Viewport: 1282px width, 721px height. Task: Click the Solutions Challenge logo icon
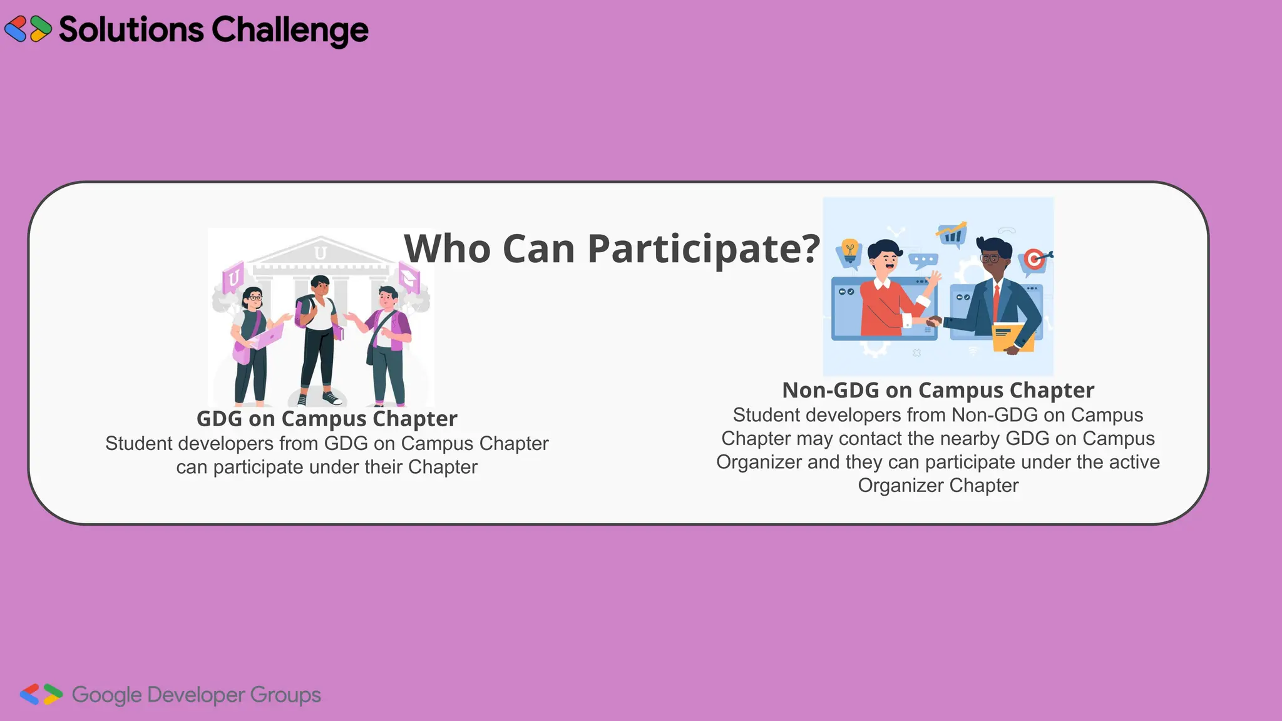coord(28,29)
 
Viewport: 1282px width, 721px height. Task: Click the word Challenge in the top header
coord(290,30)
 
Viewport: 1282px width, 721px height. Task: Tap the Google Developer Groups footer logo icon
coord(41,694)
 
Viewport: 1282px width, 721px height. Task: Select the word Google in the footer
coord(107,695)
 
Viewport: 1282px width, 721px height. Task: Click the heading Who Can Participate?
coord(612,248)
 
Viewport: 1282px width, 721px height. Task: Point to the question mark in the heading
coord(810,248)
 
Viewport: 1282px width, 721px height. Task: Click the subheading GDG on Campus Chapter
coord(327,419)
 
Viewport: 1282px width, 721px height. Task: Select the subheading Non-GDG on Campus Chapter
coord(938,391)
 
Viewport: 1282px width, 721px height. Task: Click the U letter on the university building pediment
coord(320,253)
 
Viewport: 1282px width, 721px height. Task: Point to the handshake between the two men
coord(933,322)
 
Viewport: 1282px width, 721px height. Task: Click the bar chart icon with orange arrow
coord(952,234)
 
